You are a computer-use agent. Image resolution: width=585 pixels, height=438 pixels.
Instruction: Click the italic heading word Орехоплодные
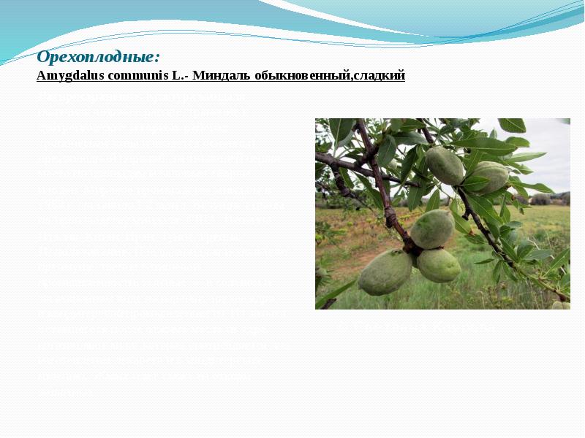97,56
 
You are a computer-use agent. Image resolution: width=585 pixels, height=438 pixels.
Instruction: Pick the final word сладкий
380,75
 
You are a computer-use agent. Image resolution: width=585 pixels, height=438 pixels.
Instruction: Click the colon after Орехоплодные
158,58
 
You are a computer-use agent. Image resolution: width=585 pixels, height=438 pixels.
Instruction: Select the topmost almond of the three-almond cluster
432,228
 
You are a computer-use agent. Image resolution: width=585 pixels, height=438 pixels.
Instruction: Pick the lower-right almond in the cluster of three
439,265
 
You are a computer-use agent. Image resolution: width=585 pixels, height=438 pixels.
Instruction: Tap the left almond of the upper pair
445,165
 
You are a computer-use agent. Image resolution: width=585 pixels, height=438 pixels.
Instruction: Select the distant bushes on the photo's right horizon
546,199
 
